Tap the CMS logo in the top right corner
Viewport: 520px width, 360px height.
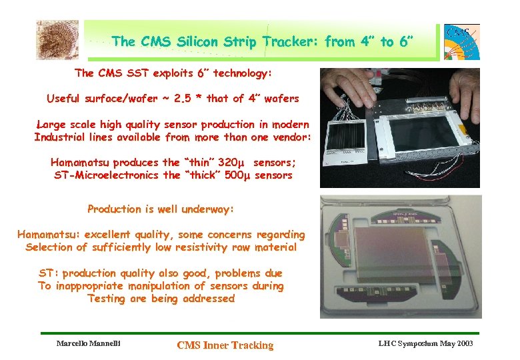tap(461, 41)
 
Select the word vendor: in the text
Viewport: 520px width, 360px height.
tap(287, 137)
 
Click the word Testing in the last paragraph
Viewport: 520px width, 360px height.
tap(106, 299)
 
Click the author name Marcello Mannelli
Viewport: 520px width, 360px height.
tap(88, 343)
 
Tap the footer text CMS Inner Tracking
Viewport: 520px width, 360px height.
tap(225, 345)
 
